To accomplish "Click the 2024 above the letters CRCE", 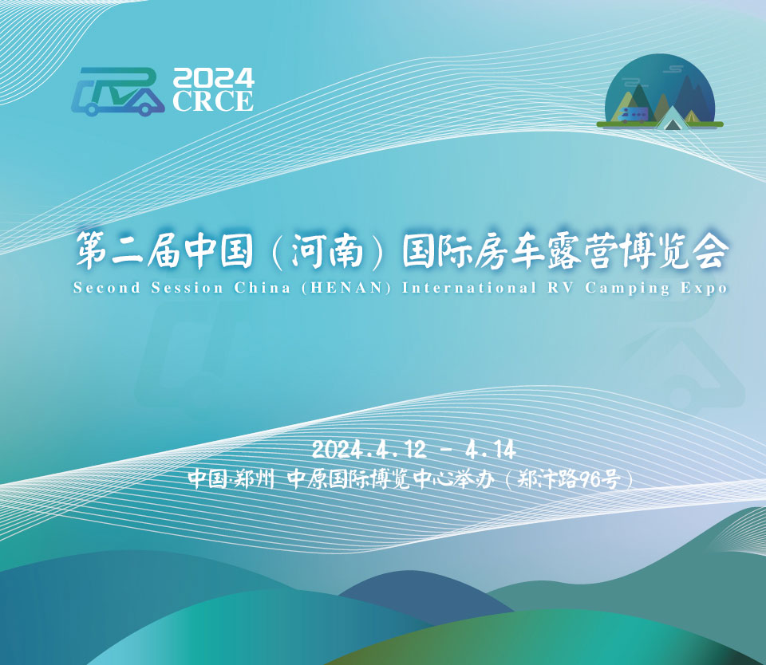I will tap(213, 78).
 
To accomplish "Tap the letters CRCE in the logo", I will tap(213, 101).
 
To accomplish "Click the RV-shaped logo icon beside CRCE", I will tap(118, 91).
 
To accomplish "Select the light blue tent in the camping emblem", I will tap(672, 118).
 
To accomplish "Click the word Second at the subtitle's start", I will tap(106, 288).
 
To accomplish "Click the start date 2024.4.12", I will tap(369, 451).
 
